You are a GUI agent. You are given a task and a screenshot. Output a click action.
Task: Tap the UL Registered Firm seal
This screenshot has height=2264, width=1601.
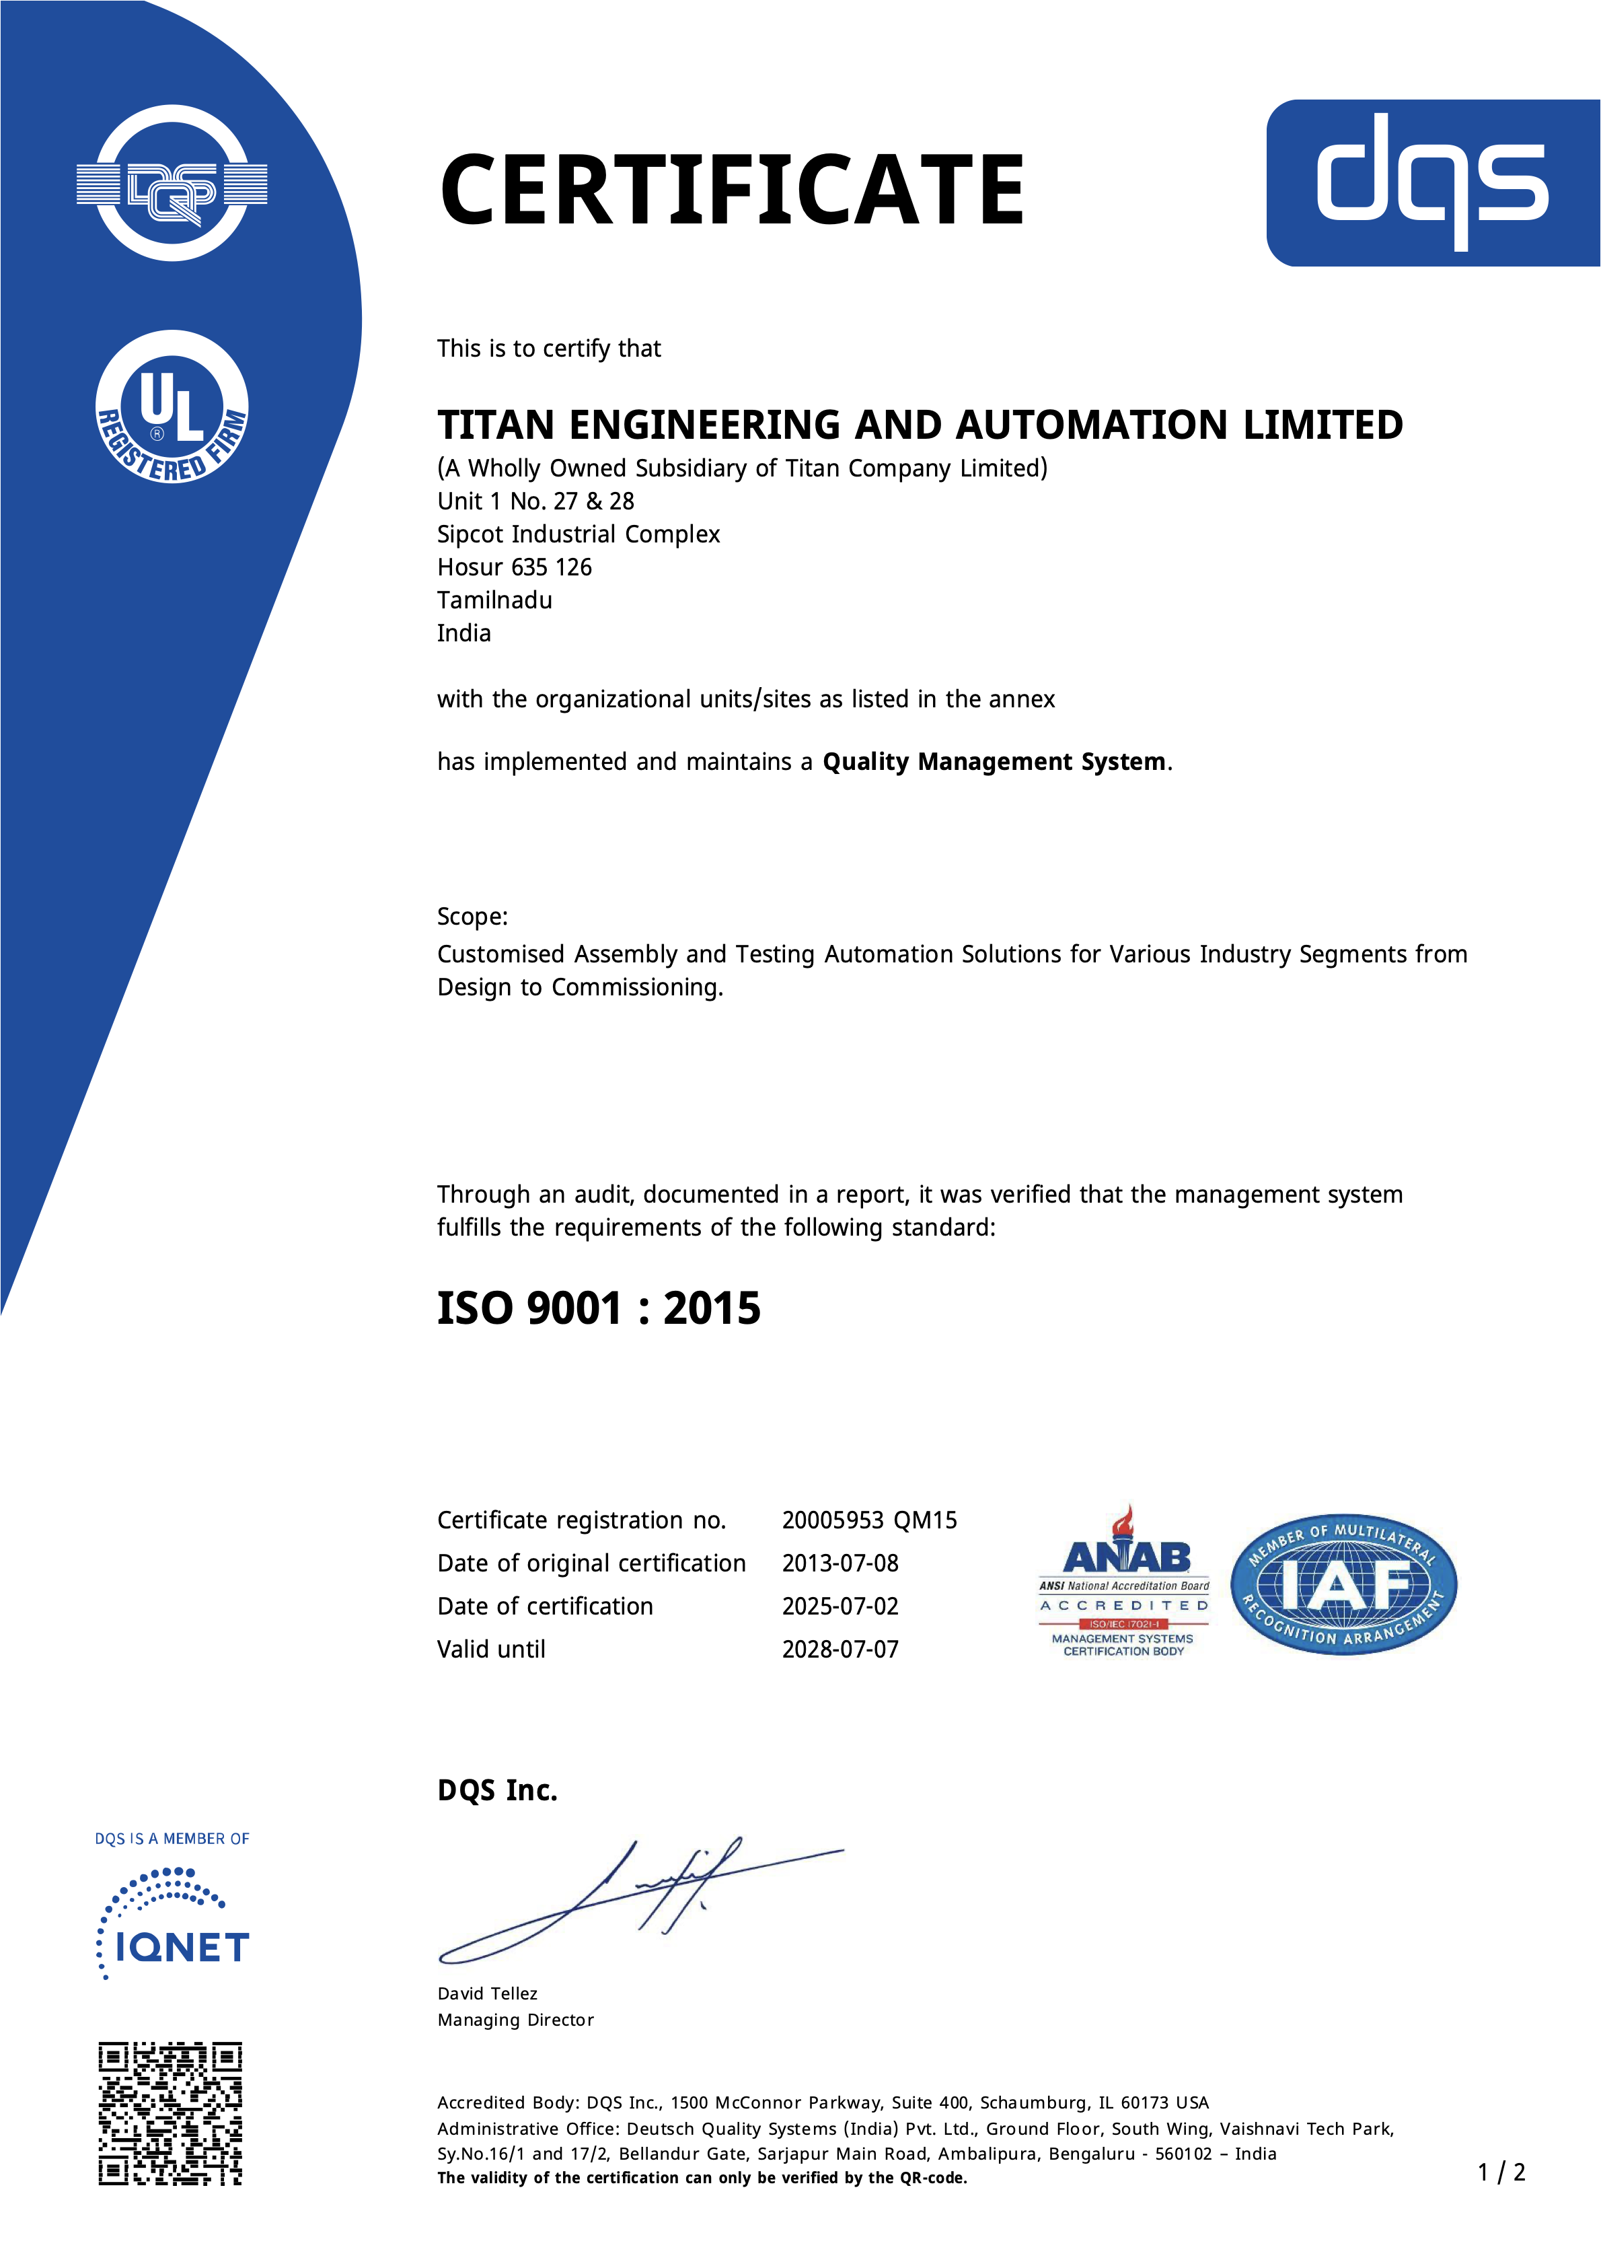[172, 407]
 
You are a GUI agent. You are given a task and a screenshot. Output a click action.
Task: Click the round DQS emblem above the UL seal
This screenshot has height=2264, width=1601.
[172, 184]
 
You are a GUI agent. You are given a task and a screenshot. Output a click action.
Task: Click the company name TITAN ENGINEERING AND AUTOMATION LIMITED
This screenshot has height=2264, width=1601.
[920, 425]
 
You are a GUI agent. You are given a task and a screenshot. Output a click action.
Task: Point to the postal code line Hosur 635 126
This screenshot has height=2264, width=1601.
[515, 567]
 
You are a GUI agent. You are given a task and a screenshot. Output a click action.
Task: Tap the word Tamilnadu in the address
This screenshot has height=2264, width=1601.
[495, 600]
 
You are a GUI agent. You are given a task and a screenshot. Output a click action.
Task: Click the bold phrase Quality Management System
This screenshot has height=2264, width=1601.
[994, 763]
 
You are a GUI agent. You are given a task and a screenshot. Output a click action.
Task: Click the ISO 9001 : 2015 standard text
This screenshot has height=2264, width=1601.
[599, 1308]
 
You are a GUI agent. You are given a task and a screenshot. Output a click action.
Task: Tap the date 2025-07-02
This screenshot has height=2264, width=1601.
[840, 1606]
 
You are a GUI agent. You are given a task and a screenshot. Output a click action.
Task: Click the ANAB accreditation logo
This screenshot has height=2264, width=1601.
[1124, 1584]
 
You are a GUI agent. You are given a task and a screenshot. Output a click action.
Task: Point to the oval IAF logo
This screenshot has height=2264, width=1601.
[1344, 1585]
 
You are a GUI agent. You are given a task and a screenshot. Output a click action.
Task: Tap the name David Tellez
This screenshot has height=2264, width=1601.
[487, 1994]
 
